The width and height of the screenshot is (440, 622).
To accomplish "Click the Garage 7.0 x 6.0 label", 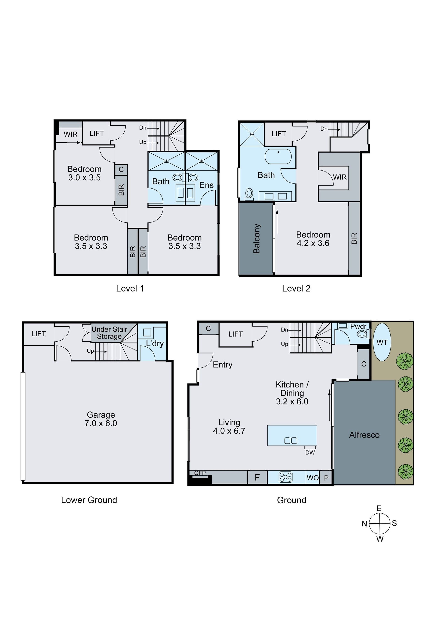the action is tap(101, 419).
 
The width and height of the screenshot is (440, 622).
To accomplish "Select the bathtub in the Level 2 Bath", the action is tap(278, 156).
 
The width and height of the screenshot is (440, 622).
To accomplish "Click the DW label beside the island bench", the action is tap(310, 452).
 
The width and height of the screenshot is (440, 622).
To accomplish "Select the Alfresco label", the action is tap(364, 435).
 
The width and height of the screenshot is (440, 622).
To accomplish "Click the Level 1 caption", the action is tap(130, 288).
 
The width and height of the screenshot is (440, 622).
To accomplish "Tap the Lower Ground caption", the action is tap(89, 500).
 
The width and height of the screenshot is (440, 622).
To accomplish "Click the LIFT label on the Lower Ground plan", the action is tap(38, 334).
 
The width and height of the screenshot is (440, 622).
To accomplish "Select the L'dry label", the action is tap(155, 343).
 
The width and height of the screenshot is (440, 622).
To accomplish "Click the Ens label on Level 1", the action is tap(206, 185).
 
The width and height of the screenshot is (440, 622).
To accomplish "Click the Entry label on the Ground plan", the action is tap(223, 365).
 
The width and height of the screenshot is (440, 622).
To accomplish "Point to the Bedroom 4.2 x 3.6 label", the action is tap(313, 239).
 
